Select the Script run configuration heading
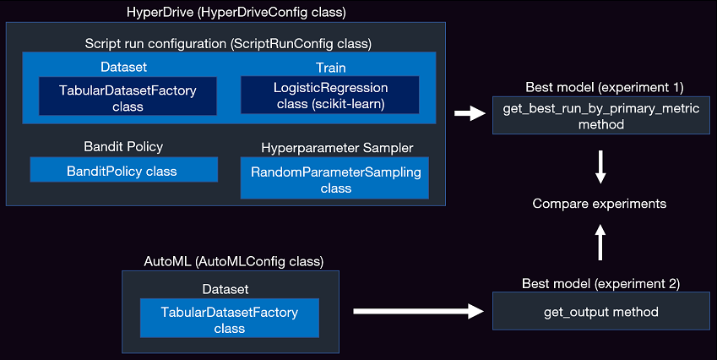[228, 42]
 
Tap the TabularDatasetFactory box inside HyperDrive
[127, 96]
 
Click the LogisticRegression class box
[329, 95]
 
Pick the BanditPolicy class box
[123, 171]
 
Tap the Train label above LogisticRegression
[331, 66]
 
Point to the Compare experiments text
[600, 204]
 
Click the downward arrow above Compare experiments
[600, 167]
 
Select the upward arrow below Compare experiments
[600, 242]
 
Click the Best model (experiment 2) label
[601, 284]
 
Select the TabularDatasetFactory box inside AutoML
[229, 319]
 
